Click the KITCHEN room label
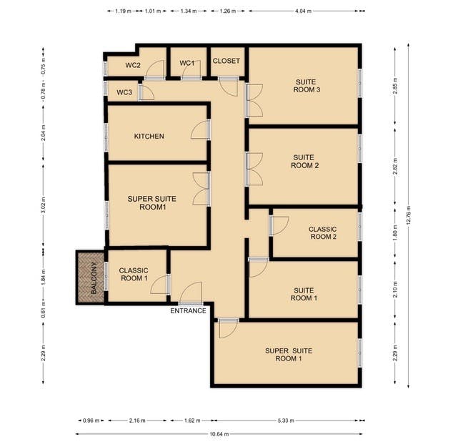click(x=149, y=136)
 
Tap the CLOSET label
click(x=226, y=62)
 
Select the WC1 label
click(x=187, y=64)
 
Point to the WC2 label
click(x=133, y=66)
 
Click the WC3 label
click(x=124, y=92)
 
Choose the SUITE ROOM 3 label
click(x=306, y=87)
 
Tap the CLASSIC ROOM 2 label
click(x=322, y=233)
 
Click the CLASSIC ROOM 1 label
click(x=134, y=275)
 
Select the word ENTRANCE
click(x=189, y=311)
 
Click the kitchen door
click(x=200, y=130)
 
